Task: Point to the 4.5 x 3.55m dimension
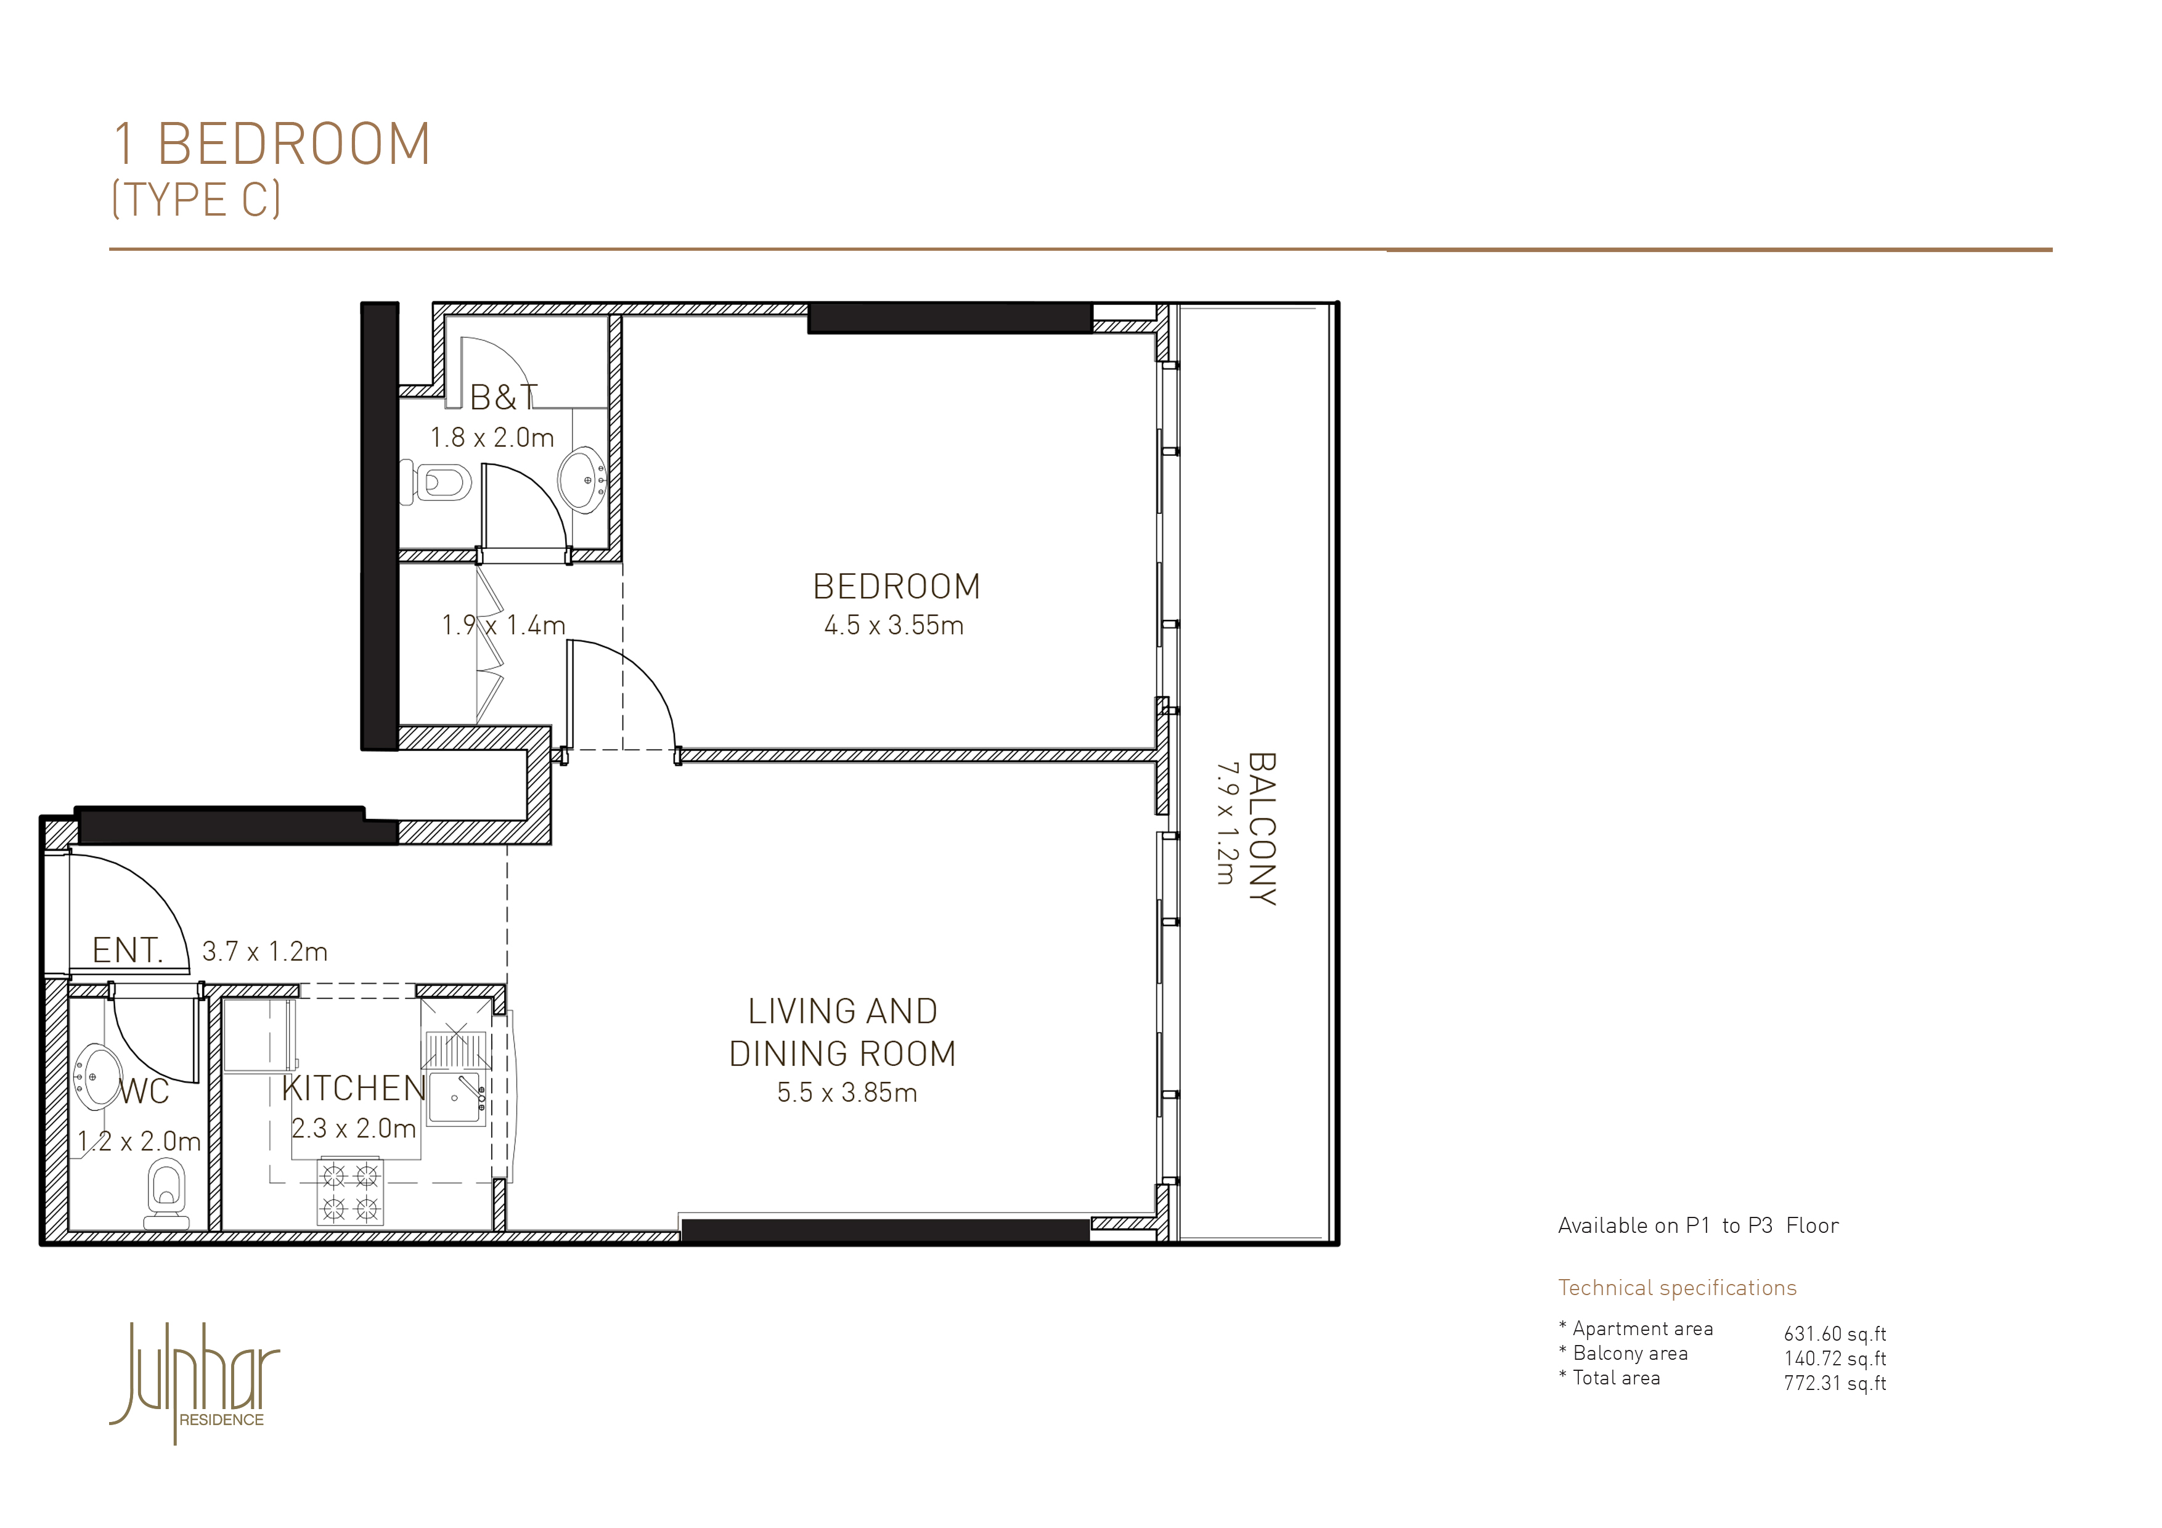pyautogui.click(x=894, y=626)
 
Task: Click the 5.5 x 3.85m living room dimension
pyautogui.click(x=847, y=1093)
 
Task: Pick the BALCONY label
pyautogui.click(x=1262, y=829)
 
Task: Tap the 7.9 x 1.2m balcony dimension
pyautogui.click(x=1225, y=824)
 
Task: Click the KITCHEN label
pyautogui.click(x=354, y=1088)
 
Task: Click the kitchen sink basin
pyautogui.click(x=455, y=1098)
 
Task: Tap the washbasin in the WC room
pyautogui.click(x=98, y=1075)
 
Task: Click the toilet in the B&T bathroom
pyautogui.click(x=436, y=482)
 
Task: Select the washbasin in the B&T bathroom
pyautogui.click(x=582, y=479)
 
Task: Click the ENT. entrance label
pyautogui.click(x=128, y=950)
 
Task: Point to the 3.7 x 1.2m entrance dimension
pyautogui.click(x=264, y=952)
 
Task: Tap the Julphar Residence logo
pyautogui.click(x=195, y=1382)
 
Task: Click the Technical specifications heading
pyautogui.click(x=1677, y=1288)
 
